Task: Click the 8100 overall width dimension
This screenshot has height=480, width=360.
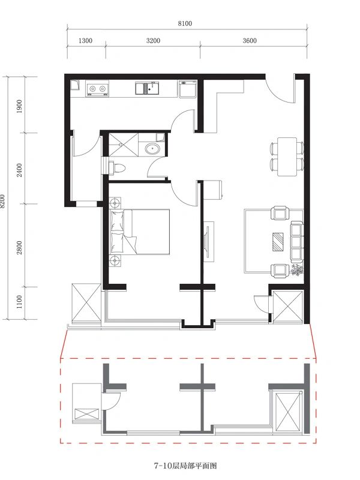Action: pos(185,23)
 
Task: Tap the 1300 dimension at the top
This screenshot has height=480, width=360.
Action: pos(85,41)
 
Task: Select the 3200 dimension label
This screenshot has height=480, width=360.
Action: pos(153,41)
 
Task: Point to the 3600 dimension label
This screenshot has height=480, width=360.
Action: pos(250,41)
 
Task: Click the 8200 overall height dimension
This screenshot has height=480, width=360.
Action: pos(3,201)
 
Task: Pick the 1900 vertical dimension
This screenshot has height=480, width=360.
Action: pos(19,106)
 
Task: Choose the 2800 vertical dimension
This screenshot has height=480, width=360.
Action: pos(19,247)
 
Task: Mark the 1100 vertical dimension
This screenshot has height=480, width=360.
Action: pos(19,302)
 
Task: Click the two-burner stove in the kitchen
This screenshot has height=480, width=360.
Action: pos(98,89)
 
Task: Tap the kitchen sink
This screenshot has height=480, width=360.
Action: pos(147,88)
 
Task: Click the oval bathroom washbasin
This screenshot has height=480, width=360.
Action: pos(152,149)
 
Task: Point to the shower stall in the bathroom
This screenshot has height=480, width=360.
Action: pos(124,145)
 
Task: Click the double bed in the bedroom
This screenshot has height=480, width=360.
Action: pos(140,232)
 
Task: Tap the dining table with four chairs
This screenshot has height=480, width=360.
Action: pos(287,157)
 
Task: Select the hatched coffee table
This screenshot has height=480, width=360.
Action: pos(278,242)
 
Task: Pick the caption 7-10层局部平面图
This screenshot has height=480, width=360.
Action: pos(185,466)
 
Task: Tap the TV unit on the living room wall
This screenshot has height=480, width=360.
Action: pos(209,242)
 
